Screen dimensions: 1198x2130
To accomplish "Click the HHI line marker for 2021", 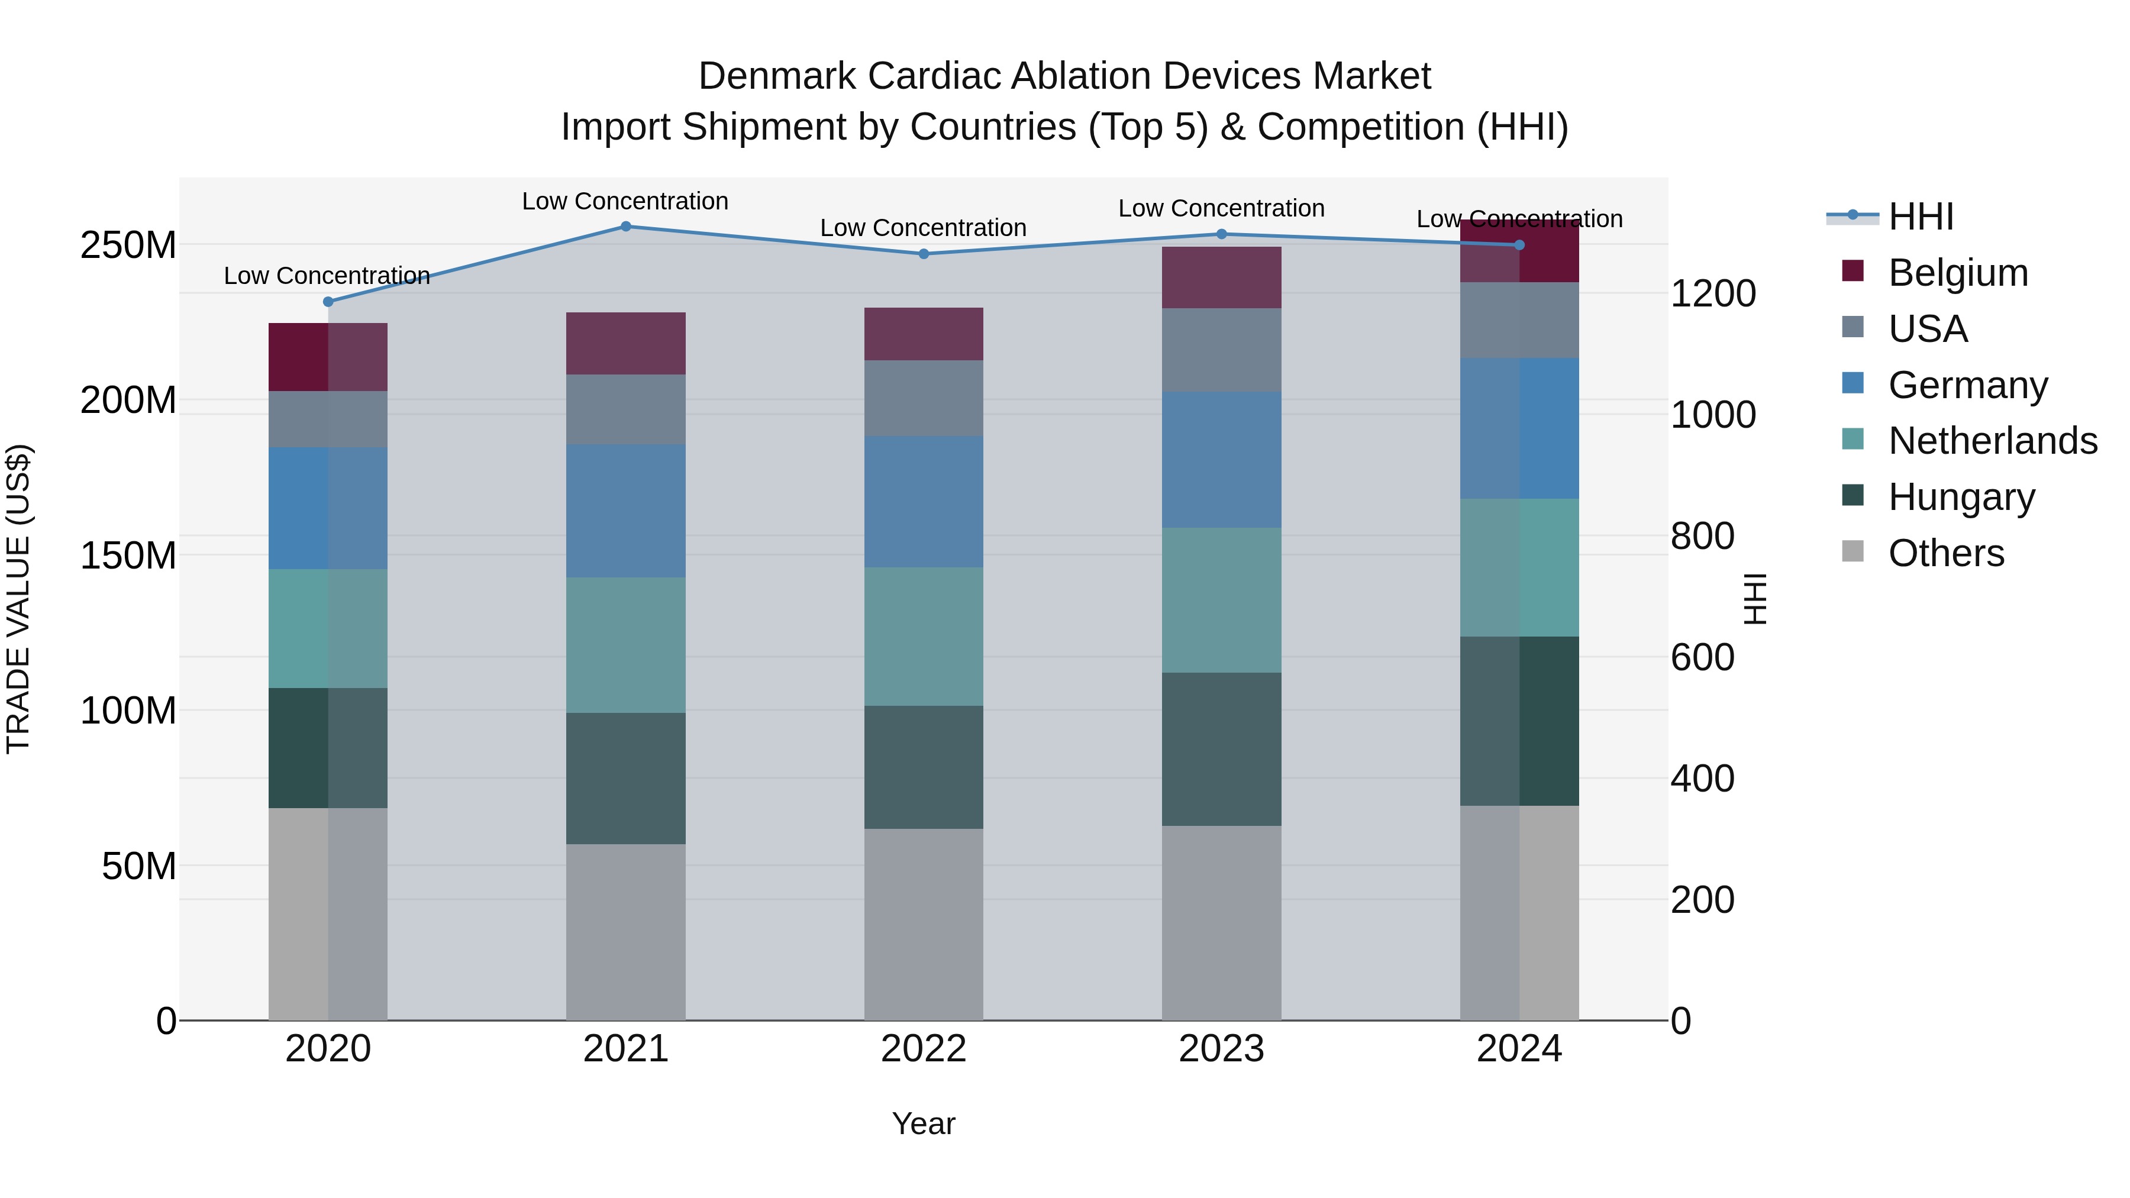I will (626, 227).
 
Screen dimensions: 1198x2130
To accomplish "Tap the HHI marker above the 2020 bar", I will (328, 302).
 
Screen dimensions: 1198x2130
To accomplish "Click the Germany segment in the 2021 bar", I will (626, 511).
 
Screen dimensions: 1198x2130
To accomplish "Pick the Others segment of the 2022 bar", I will (924, 924).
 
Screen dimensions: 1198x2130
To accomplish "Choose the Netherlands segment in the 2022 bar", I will (924, 636).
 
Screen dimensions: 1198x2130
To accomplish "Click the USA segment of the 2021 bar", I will (626, 409).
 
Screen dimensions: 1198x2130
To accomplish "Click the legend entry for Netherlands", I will (1993, 441).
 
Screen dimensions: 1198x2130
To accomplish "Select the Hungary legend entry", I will (1961, 497).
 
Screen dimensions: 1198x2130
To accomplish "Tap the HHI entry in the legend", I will (1921, 217).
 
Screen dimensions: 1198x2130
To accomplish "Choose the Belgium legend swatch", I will (1853, 271).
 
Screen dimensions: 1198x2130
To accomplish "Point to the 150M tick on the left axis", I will (128, 556).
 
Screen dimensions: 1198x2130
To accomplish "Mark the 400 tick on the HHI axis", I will (1702, 779).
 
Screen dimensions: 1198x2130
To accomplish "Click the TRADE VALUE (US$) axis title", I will (18, 599).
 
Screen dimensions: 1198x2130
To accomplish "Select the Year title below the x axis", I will (924, 1123).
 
